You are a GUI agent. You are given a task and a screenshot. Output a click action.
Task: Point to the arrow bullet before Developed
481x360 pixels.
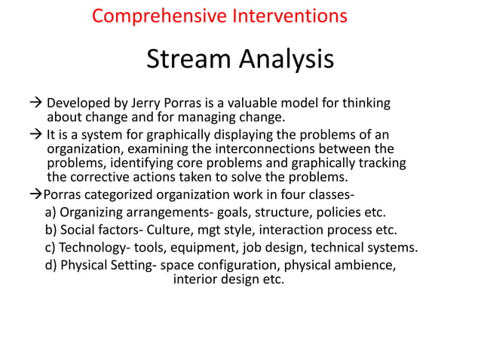pyautogui.click(x=37, y=103)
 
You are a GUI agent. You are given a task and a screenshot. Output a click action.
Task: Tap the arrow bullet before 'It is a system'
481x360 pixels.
pyautogui.click(x=37, y=134)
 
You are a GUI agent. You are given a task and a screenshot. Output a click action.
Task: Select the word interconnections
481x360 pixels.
pyautogui.click(x=273, y=148)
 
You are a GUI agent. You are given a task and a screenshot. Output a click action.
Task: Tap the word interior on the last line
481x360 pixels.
pyautogui.click(x=196, y=279)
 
